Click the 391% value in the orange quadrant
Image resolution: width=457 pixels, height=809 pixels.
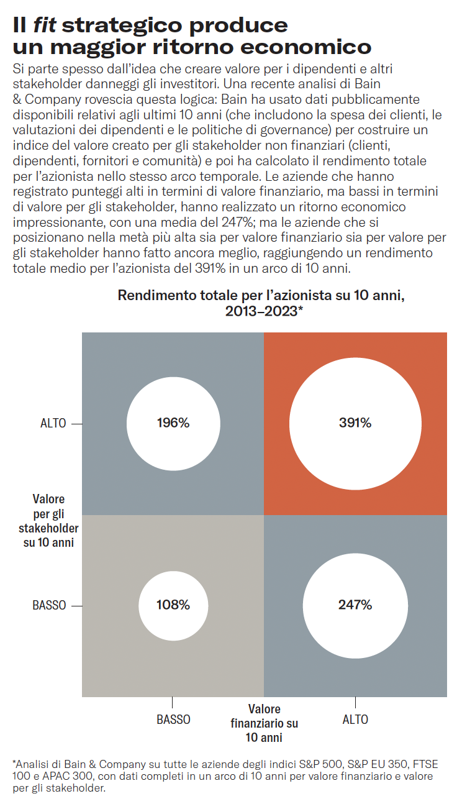(x=355, y=423)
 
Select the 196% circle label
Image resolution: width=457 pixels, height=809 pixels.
(x=173, y=423)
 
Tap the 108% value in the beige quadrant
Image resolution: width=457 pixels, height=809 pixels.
(x=173, y=605)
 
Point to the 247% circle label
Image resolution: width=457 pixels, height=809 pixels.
(x=355, y=605)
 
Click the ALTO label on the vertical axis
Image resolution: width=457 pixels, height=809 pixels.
(x=53, y=424)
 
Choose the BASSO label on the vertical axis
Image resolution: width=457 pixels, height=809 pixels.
(x=49, y=605)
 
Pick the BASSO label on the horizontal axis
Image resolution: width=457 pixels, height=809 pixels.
(x=173, y=720)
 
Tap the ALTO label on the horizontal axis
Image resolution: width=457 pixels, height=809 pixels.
(x=355, y=720)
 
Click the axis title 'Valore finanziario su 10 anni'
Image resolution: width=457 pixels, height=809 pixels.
(x=264, y=723)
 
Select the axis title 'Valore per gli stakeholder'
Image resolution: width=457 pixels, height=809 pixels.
(x=48, y=521)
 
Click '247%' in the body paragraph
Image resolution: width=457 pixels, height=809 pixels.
(x=319, y=222)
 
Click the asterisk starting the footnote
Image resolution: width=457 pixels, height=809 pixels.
(x=14, y=762)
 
